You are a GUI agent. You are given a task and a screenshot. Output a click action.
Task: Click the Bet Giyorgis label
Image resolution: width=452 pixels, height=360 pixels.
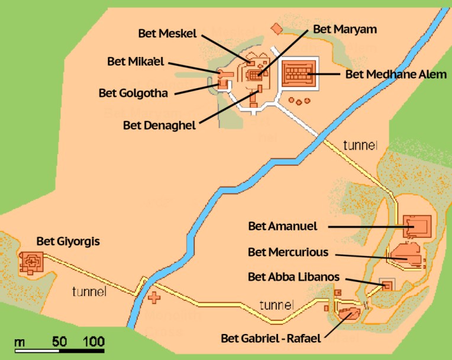[68, 241]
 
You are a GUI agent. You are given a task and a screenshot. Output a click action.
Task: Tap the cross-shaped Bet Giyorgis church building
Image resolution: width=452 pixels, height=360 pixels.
[31, 261]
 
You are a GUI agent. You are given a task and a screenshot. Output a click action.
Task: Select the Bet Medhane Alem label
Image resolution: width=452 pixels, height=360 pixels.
[396, 75]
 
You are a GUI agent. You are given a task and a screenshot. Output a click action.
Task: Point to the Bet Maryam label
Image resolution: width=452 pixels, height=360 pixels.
[345, 28]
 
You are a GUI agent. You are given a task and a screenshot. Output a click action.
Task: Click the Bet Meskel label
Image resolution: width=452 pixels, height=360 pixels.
[167, 33]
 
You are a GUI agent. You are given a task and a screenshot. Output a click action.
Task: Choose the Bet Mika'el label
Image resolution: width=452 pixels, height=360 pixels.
[136, 61]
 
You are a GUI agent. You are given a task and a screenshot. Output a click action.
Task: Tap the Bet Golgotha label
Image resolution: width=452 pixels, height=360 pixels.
[133, 92]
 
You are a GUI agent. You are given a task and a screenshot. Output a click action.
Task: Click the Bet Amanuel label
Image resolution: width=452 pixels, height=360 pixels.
[283, 226]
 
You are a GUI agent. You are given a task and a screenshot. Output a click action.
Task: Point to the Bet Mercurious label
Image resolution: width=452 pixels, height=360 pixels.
[288, 252]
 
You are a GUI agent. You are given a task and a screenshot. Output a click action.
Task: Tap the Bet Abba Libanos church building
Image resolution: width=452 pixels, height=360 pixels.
[387, 285]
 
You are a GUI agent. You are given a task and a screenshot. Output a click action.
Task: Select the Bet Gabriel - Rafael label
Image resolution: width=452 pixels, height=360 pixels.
[270, 339]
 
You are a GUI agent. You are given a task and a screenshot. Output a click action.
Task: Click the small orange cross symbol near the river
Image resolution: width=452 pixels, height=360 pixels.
[154, 298]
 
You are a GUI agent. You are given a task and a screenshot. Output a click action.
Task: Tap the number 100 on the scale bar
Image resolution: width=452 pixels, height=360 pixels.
[93, 342]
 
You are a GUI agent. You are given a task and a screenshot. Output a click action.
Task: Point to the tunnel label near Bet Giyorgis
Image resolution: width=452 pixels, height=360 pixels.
[90, 291]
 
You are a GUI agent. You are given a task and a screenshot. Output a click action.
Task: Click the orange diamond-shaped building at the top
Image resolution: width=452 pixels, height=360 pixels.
[276, 28]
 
